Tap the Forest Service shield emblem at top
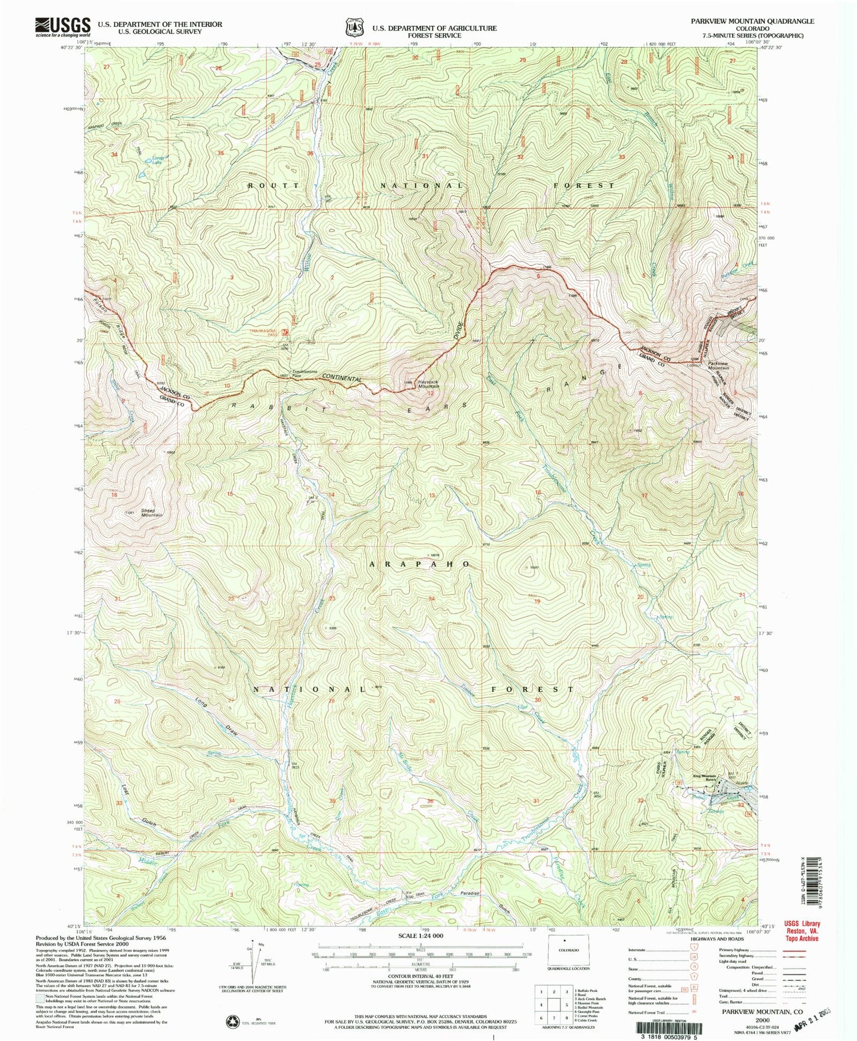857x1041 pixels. pyautogui.click(x=353, y=27)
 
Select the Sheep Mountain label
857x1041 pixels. pyautogui.click(x=148, y=513)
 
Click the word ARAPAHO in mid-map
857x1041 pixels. pyautogui.click(x=420, y=564)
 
